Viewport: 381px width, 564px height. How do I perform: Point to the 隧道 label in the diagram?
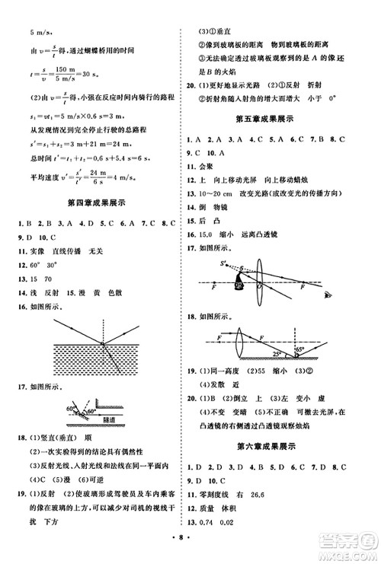point(105,419)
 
